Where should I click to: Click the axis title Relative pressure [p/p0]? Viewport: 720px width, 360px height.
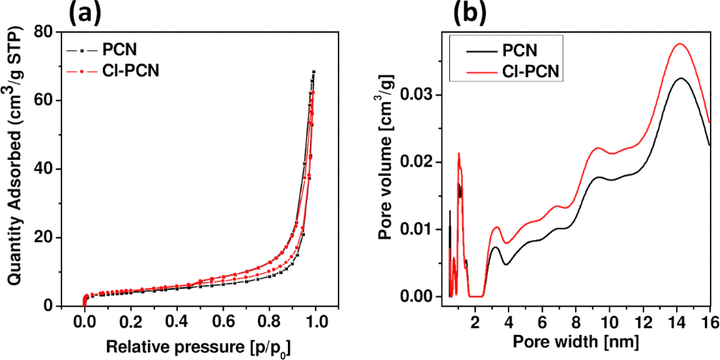pyautogui.click(x=199, y=348)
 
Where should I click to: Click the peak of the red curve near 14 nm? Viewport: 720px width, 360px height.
pyautogui.click(x=680, y=44)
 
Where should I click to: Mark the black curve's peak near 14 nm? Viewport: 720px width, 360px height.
pyautogui.click(x=680, y=78)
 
